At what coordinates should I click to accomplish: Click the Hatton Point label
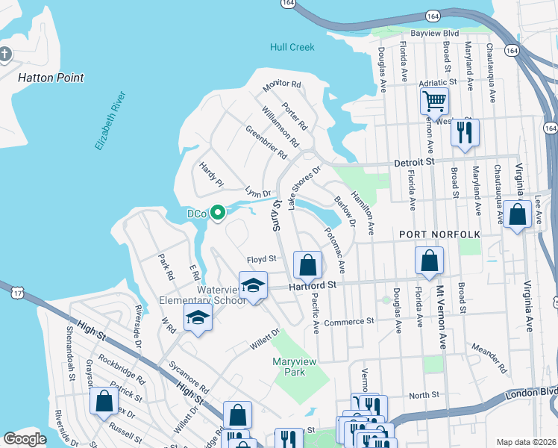pos(51,77)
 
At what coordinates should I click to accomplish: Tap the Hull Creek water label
pos(292,47)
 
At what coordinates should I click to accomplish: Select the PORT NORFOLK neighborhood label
pos(439,234)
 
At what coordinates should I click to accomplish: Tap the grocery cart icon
pos(433,101)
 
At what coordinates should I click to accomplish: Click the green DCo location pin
pos(218,214)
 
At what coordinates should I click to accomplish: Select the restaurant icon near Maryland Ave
pos(465,133)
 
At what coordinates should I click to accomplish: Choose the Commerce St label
pos(348,321)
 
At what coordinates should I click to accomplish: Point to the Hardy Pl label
pos(210,172)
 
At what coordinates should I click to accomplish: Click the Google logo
pos(25,439)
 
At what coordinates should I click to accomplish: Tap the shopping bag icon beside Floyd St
pos(307,264)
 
